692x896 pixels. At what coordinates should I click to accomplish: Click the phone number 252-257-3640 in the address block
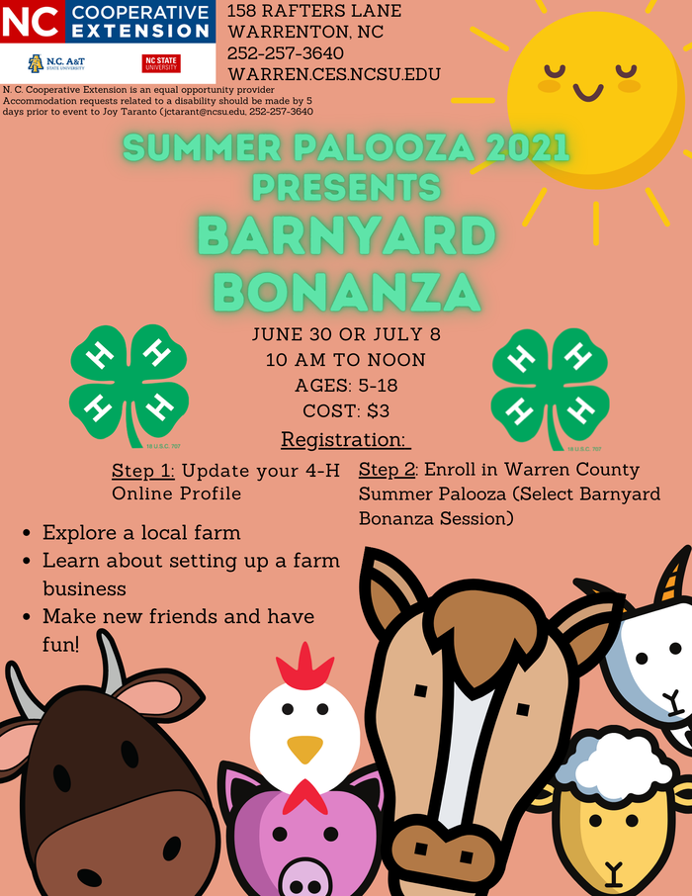(x=286, y=52)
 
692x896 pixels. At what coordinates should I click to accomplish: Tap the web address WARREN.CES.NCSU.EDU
(x=333, y=74)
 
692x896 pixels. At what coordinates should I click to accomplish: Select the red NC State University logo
(x=161, y=63)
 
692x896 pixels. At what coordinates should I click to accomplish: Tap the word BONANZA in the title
(x=346, y=291)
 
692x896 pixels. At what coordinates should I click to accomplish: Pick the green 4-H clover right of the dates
(x=550, y=385)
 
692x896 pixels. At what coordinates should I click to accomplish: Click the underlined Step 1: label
(x=143, y=469)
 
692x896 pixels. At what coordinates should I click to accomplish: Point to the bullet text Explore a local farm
(x=141, y=533)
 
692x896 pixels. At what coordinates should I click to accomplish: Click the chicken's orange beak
(x=304, y=748)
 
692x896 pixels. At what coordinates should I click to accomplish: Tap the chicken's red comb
(x=303, y=670)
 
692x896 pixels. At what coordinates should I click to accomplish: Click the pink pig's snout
(x=307, y=871)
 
